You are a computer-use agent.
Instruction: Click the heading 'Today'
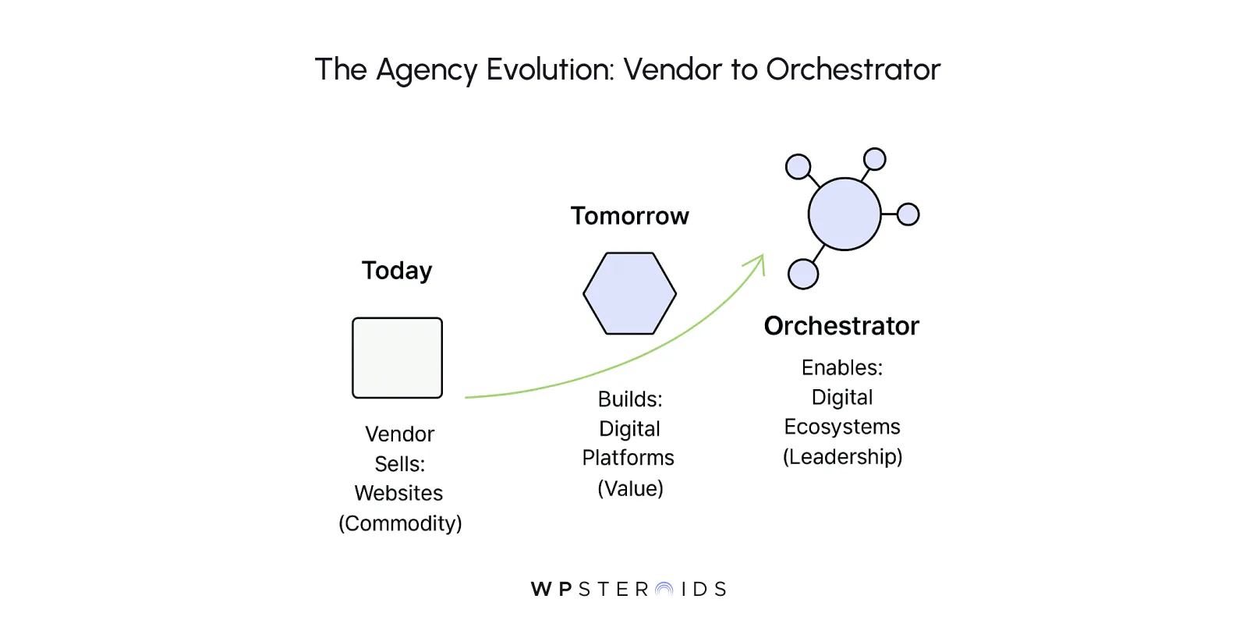coord(396,271)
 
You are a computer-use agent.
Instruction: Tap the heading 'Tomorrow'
coord(629,216)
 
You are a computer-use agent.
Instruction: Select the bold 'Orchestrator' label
coord(841,326)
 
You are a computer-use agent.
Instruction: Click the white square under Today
coord(397,358)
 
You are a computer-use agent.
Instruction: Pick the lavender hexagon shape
coord(629,293)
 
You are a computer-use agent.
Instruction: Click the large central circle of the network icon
coord(844,214)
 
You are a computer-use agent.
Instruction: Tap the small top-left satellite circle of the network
coord(798,167)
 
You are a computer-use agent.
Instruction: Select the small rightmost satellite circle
coord(908,214)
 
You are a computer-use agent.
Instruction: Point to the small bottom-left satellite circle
coord(803,275)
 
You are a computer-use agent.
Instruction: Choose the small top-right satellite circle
coord(875,159)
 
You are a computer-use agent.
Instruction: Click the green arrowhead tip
coord(762,257)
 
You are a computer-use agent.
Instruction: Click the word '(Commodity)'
coord(400,523)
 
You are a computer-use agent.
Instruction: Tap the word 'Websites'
coord(398,494)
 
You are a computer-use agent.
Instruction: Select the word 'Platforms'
coord(628,458)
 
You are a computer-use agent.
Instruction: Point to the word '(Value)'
coord(630,489)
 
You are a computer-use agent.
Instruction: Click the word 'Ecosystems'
coord(841,427)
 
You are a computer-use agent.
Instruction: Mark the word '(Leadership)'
coord(842,457)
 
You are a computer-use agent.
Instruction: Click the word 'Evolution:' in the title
coord(551,69)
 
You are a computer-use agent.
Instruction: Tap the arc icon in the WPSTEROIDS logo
coord(664,590)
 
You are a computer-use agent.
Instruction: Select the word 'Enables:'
coord(841,367)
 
